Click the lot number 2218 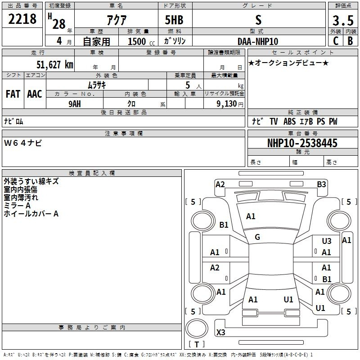(x=22, y=19)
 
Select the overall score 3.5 (x=343, y=20)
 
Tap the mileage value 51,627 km (x=55, y=65)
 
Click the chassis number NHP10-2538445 (x=302, y=143)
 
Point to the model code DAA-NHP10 (x=258, y=41)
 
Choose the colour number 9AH (x=75, y=104)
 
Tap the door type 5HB (x=174, y=20)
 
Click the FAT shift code (x=13, y=94)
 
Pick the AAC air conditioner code (x=35, y=94)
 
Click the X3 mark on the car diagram (x=220, y=332)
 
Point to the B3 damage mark (x=321, y=184)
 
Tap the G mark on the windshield (x=257, y=237)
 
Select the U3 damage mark (x=327, y=241)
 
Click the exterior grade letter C (x=336, y=41)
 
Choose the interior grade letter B (x=350, y=41)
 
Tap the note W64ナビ (x=23, y=143)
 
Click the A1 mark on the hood (x=251, y=216)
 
